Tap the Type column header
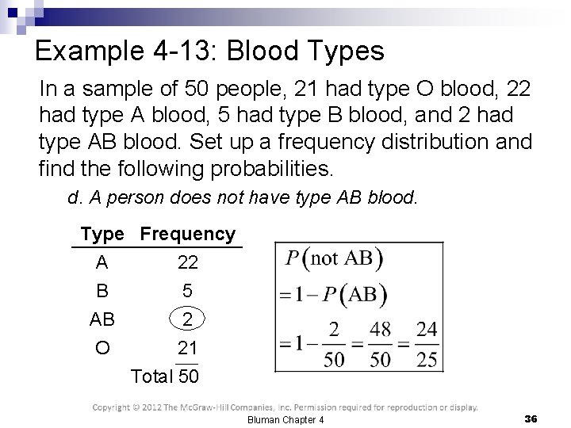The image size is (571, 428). point(102,235)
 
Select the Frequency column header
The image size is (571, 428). point(188,235)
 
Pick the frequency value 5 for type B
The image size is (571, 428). point(187,292)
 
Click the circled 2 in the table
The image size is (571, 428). point(187,319)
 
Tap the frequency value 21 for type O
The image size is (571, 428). point(187,347)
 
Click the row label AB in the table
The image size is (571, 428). point(102,319)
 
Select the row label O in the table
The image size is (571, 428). point(102,347)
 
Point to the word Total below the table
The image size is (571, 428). point(153,375)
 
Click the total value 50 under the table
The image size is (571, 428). point(189,375)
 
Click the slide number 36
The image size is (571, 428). point(531,418)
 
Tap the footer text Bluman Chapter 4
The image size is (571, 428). point(285,418)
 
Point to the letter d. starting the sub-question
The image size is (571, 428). point(74,199)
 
